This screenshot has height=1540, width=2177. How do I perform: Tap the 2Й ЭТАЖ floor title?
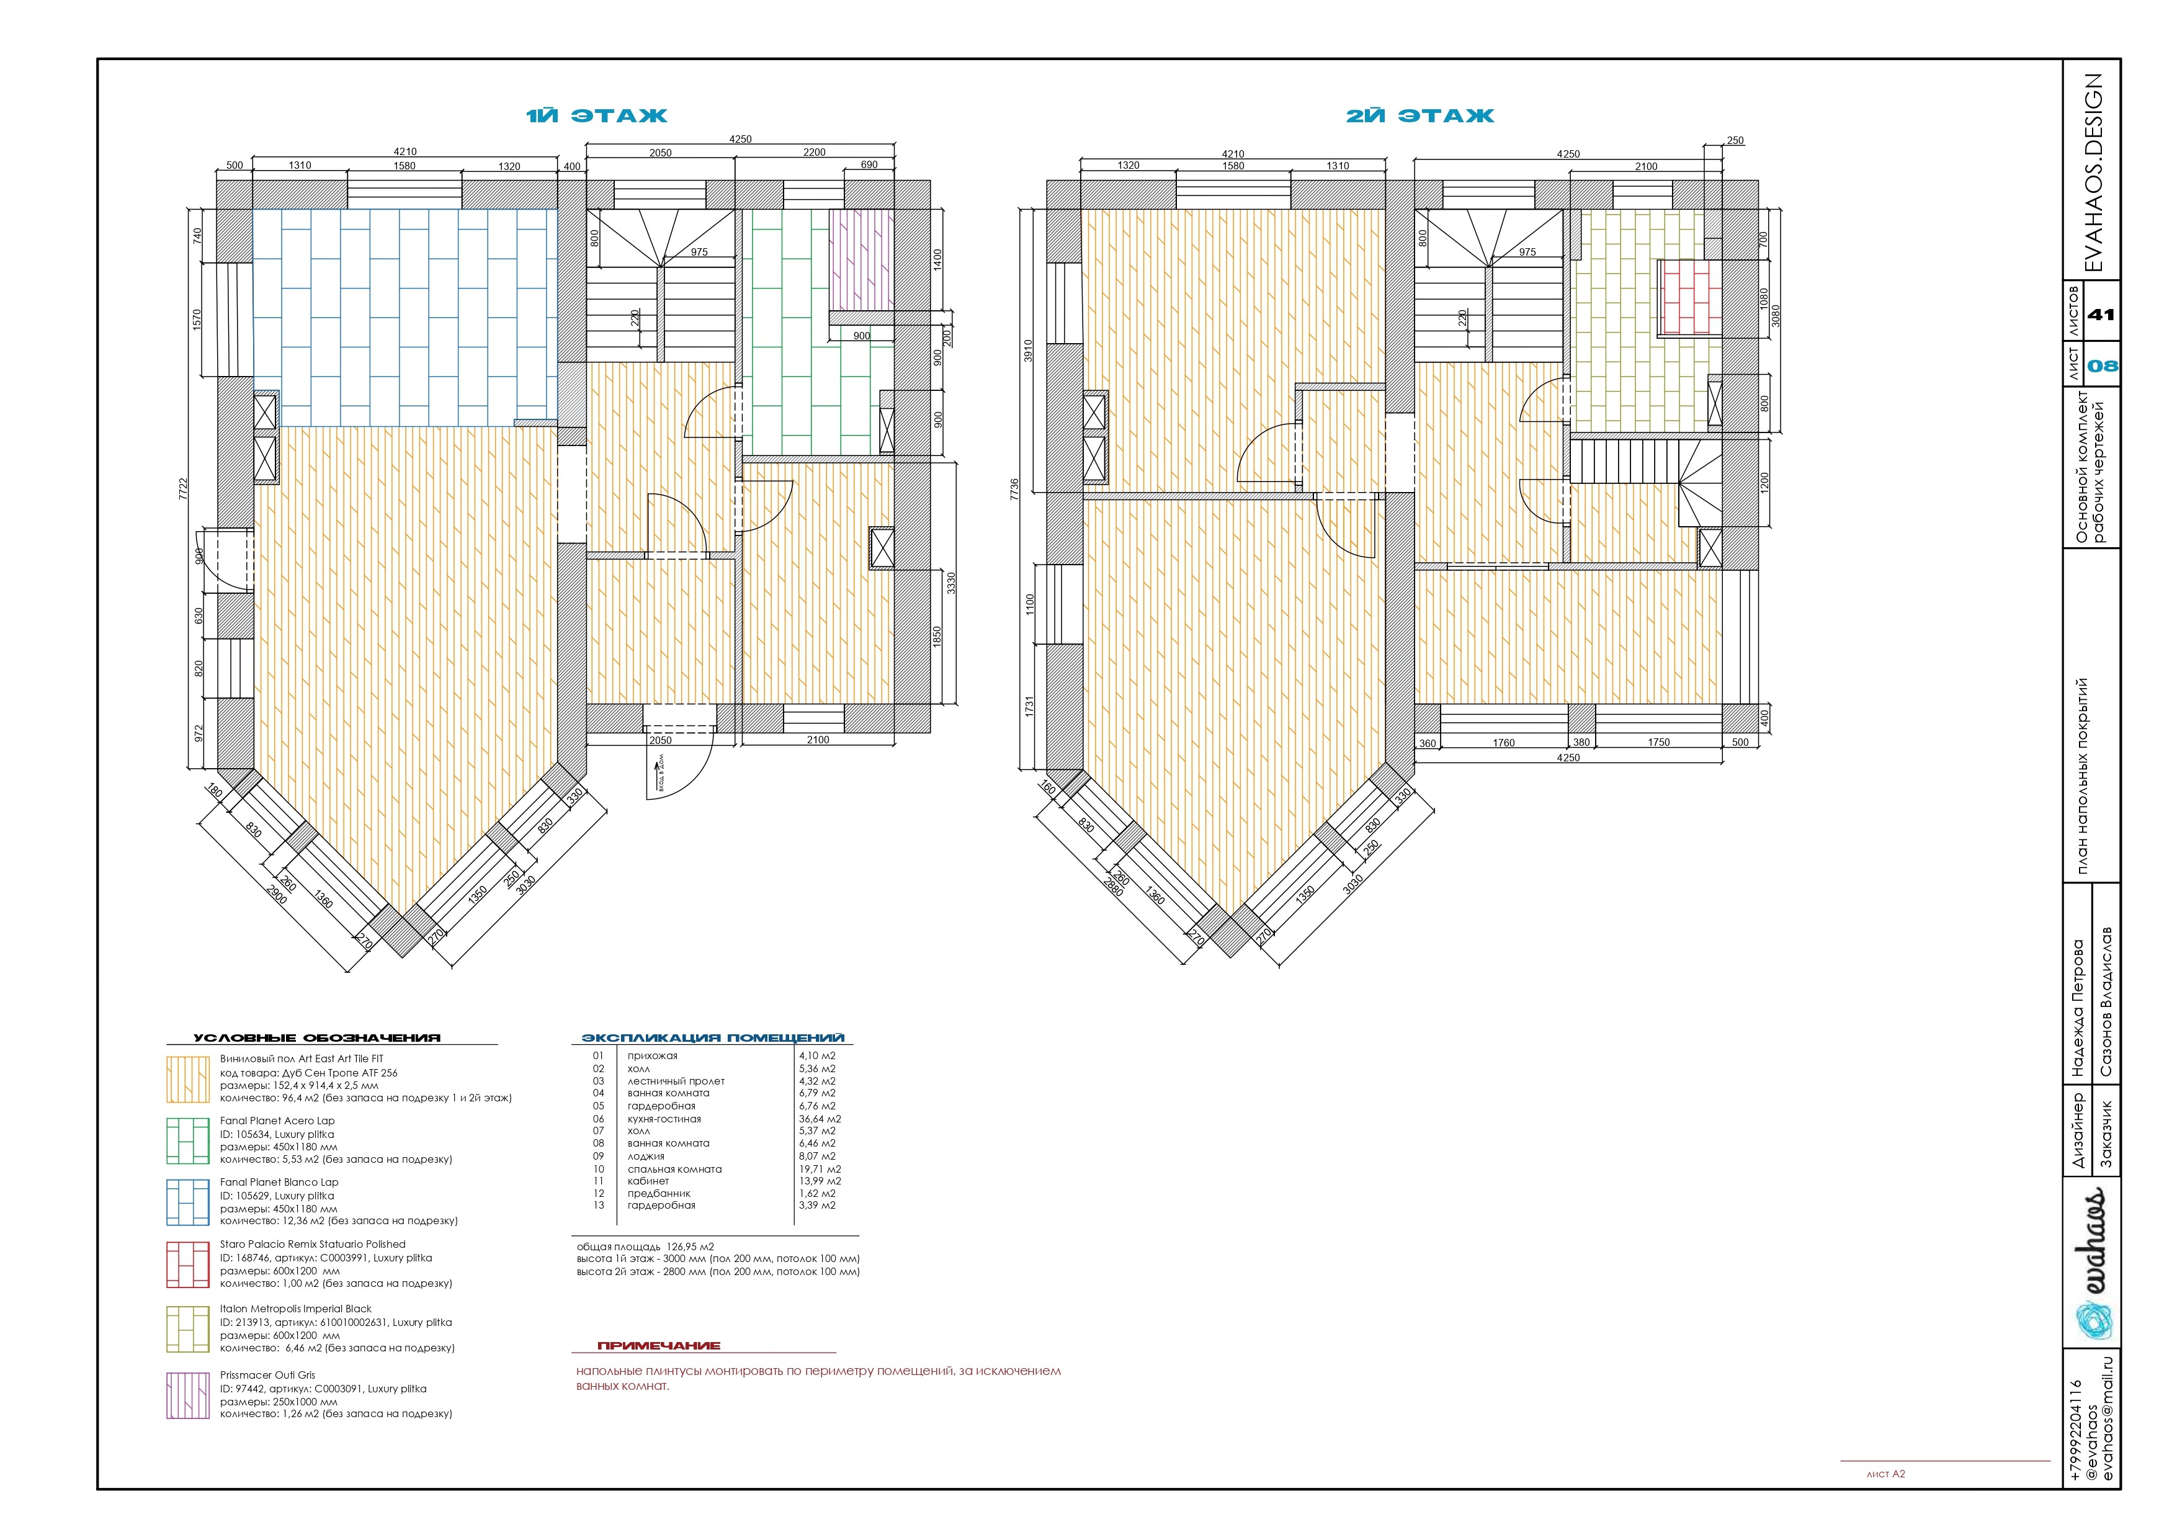(x=1420, y=115)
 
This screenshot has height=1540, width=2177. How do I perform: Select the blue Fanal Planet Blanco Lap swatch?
(x=188, y=1202)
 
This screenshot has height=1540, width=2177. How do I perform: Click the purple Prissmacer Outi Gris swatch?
(x=188, y=1395)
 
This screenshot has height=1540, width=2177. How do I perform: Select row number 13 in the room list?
(x=598, y=1206)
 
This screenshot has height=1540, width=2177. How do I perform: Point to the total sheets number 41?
(x=2102, y=315)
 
